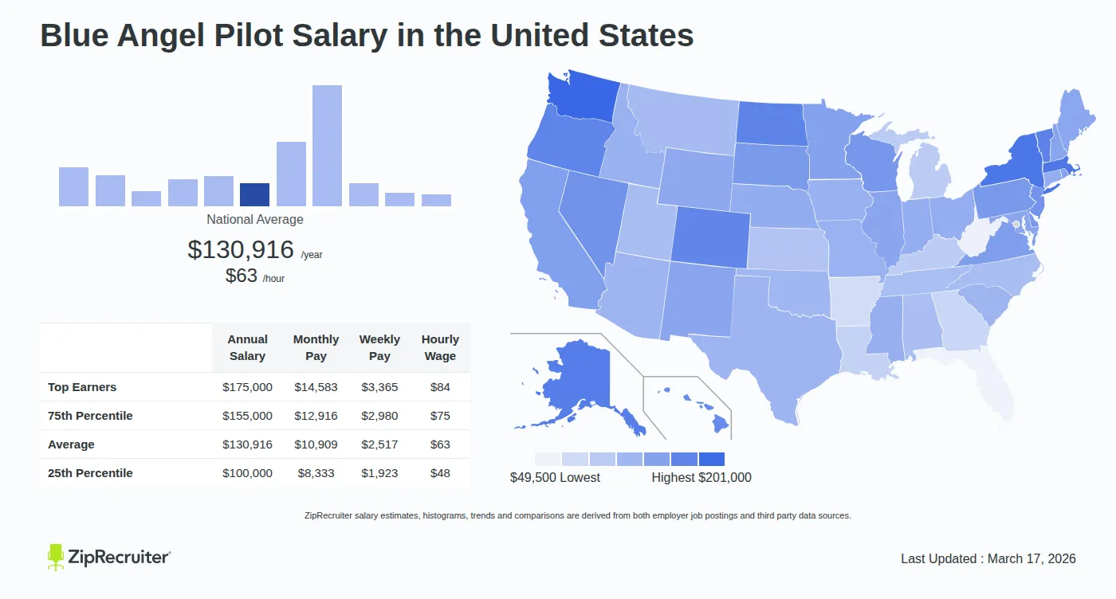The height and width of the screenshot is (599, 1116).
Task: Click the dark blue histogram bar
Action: coord(254,195)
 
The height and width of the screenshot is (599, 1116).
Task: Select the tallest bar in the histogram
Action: coord(327,146)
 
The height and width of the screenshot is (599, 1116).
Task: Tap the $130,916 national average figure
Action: coord(241,249)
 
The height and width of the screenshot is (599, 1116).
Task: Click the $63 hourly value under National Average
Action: coord(242,276)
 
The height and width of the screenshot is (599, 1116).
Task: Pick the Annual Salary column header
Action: coord(247,348)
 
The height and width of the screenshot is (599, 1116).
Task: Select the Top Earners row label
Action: coord(82,387)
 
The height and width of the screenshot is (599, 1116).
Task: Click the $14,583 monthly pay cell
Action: coord(316,387)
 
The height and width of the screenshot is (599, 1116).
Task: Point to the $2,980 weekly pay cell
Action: coord(379,416)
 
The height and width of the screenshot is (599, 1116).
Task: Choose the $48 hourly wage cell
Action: coord(440,473)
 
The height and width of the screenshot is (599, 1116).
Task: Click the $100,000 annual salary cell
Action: coord(247,473)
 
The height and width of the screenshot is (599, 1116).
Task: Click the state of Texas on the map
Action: coord(765,350)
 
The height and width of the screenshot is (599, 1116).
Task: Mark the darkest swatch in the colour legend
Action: coord(711,459)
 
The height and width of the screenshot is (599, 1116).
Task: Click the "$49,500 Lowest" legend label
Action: coord(555,478)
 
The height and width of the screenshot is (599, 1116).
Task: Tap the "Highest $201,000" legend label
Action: coord(701,478)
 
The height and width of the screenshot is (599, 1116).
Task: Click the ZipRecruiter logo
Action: coord(109,557)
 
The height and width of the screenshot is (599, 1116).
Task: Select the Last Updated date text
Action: coord(988,558)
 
